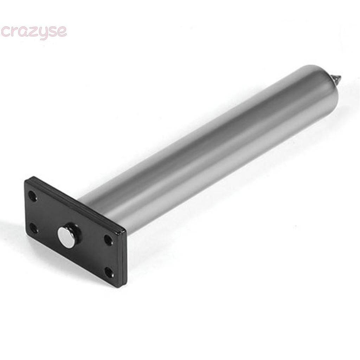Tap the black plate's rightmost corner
click(x=126, y=231)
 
